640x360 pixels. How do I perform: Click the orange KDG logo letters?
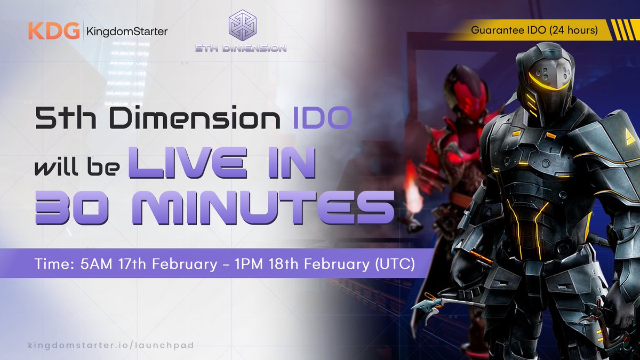point(53,31)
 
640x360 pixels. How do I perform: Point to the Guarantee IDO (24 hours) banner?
point(533,30)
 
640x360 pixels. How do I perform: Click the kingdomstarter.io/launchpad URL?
point(111,345)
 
